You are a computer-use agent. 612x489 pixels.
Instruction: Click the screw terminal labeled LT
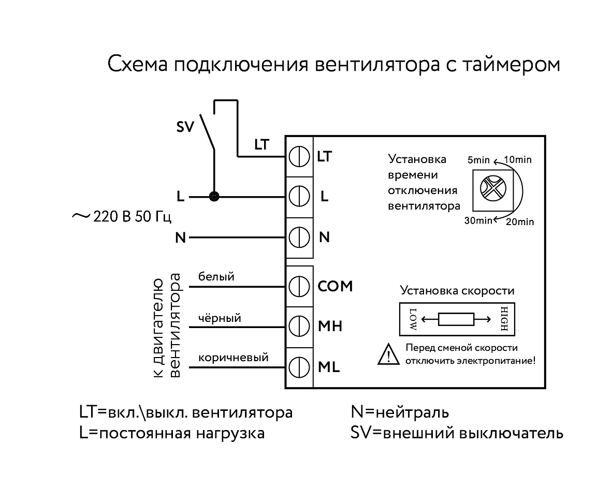[299, 156]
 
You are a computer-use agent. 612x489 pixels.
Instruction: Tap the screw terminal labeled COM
[299, 286]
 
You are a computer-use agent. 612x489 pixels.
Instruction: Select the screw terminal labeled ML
[299, 367]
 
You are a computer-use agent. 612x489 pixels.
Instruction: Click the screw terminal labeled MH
[299, 326]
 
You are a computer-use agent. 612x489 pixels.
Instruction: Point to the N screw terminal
[299, 238]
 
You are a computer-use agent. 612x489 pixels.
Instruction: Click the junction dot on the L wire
[213, 197]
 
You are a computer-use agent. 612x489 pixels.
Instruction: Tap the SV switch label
[185, 128]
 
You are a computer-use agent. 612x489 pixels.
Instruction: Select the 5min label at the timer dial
[478, 160]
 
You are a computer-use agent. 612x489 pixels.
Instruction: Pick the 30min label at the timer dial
[478, 221]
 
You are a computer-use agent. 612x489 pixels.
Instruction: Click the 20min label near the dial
[519, 222]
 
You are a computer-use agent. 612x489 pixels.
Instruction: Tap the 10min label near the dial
[517, 160]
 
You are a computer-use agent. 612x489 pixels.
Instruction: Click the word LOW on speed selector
[413, 320]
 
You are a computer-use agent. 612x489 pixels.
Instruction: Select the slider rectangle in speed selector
[456, 320]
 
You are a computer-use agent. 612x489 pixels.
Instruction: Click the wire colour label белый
[216, 277]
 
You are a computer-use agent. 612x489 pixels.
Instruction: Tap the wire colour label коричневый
[233, 358]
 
